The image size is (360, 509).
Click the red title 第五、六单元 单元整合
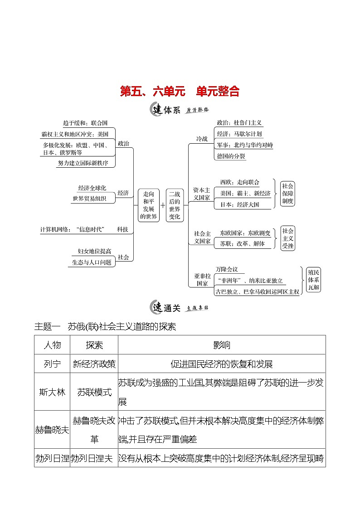coord(180,91)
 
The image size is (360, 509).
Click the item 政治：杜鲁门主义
coord(239,123)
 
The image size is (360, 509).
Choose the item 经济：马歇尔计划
coord(239,134)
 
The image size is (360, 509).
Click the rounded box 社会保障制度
coord(287,193)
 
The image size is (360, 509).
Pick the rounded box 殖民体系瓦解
coord(313,279)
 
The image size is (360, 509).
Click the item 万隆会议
coord(227,269)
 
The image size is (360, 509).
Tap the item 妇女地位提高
coord(94,252)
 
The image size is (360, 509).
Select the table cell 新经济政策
coord(94,364)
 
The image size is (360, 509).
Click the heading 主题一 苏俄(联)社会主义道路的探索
coord(105,326)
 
